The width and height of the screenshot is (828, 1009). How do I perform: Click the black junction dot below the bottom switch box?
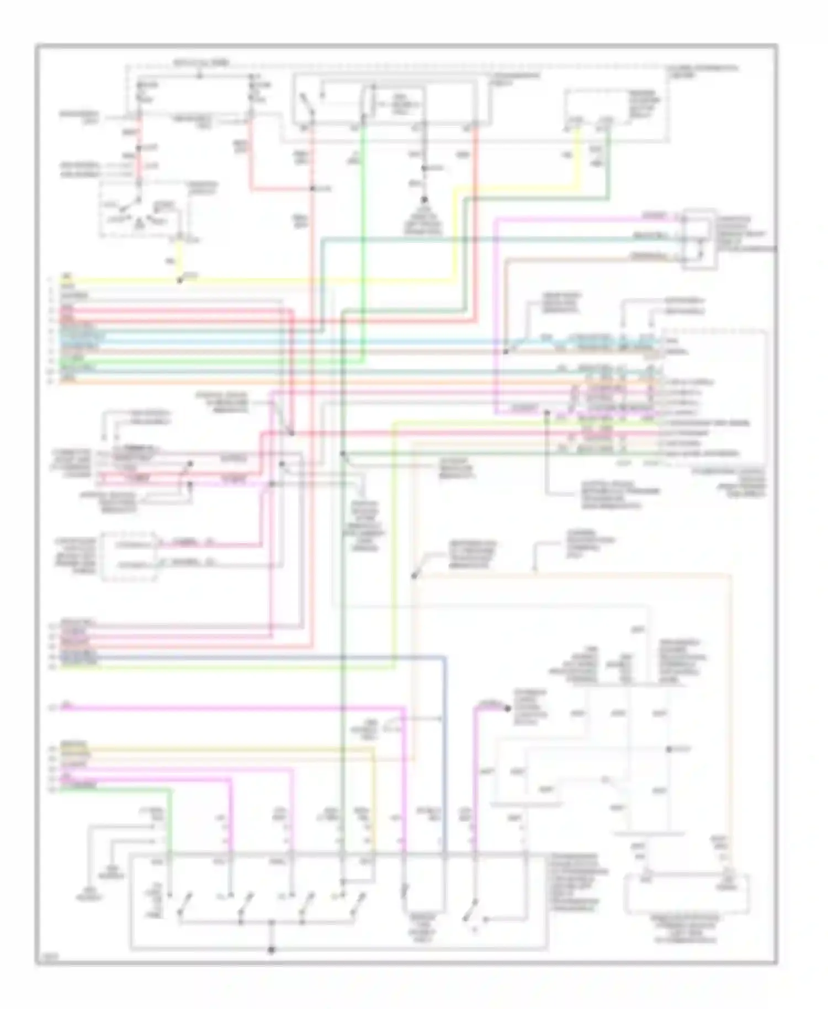(271, 950)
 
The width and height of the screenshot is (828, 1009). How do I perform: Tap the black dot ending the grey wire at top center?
(424, 200)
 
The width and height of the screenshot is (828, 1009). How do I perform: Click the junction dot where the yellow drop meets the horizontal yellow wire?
(179, 281)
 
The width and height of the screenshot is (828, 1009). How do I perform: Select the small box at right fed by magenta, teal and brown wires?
(699, 238)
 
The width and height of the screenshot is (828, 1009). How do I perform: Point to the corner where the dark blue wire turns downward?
(444, 658)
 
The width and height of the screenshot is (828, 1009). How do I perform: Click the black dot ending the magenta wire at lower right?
(508, 708)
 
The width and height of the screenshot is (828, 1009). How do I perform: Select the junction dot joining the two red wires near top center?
(312, 189)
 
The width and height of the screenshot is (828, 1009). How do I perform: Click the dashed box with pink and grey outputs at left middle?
(129, 555)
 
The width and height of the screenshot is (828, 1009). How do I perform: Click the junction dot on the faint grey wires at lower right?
(668, 749)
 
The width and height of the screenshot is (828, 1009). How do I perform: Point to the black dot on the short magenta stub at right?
(547, 412)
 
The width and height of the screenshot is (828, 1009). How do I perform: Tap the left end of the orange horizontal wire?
(62, 381)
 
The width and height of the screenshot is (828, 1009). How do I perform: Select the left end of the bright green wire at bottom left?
(62, 789)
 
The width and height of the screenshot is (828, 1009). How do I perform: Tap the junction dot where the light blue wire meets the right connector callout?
(506, 351)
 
